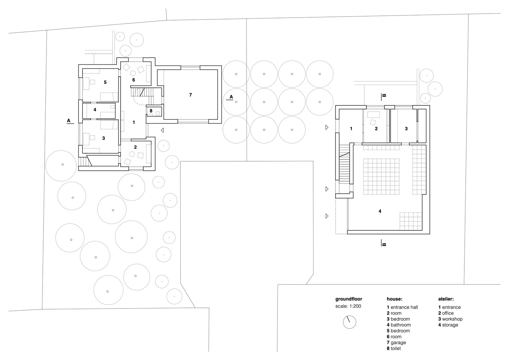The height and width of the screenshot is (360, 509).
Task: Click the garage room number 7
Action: [190, 95]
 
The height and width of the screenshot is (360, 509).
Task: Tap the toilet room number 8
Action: [151, 111]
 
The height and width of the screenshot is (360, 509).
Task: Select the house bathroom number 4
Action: [95, 110]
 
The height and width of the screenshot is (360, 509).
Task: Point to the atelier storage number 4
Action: [380, 211]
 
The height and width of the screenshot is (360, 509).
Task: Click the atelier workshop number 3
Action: [406, 129]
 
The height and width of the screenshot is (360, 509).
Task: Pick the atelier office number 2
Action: [376, 129]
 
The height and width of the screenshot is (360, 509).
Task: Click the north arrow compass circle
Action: [350, 322]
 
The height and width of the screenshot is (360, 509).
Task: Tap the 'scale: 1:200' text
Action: [348, 306]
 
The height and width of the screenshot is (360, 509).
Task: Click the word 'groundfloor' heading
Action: [349, 299]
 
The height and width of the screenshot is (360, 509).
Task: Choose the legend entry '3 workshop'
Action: [450, 319]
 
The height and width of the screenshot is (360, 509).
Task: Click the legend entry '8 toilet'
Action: [394, 348]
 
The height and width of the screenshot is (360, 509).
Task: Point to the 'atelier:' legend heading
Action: [446, 299]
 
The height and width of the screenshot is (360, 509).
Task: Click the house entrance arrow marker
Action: [162, 130]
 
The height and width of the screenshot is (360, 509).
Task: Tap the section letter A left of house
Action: [69, 121]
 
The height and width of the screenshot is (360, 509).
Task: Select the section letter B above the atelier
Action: [384, 95]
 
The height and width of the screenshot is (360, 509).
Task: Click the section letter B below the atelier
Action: [384, 244]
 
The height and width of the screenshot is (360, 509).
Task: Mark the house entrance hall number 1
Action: [134, 122]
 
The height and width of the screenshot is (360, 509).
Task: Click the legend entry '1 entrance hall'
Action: [402, 307]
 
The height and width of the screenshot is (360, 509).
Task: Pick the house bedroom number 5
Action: [105, 82]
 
